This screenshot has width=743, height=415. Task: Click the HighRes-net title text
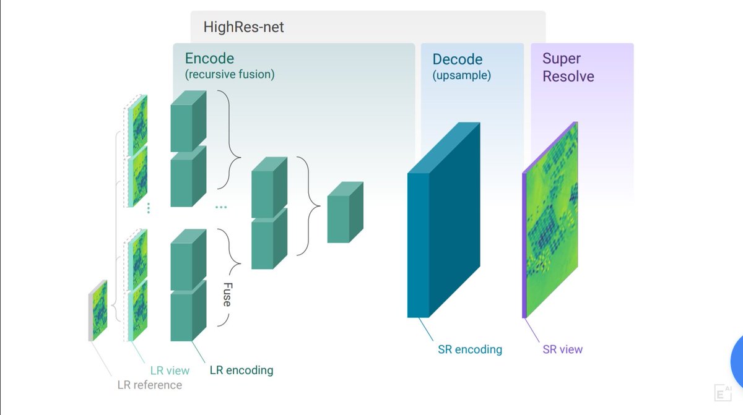243,27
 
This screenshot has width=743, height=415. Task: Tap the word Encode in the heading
209,59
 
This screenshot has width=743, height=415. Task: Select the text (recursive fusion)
229,75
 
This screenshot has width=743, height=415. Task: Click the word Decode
457,59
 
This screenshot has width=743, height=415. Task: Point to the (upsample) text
461,75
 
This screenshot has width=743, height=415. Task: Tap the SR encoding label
469,349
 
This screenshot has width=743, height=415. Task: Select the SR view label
562,349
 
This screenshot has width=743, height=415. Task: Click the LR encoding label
241,370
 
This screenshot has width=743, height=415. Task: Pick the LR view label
170,371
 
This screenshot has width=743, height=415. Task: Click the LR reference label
149,385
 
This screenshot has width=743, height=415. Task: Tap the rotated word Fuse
227,293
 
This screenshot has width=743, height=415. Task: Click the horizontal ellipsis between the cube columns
221,207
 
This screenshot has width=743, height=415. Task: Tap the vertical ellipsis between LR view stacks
149,208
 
